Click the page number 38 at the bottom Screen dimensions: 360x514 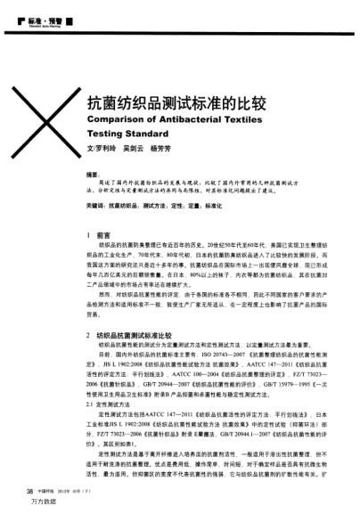click(28, 490)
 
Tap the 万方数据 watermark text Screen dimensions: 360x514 click(40, 503)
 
